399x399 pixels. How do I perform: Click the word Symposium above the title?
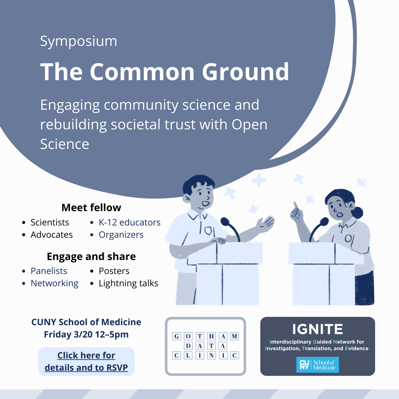(78, 41)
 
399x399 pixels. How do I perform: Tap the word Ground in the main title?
(246, 72)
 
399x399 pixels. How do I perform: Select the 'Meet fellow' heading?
(91, 207)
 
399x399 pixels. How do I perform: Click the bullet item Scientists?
(50, 222)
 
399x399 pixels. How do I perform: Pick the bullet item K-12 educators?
(129, 222)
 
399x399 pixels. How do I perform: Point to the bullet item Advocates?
(52, 235)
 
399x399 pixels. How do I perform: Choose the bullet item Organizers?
(121, 235)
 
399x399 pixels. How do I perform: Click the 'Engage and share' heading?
(91, 256)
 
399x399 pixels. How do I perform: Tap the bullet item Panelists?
(49, 271)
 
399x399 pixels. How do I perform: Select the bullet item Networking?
(55, 283)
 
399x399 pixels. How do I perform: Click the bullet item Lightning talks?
(128, 283)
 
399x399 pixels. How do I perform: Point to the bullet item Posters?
(114, 271)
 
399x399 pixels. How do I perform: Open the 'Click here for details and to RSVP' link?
(86, 361)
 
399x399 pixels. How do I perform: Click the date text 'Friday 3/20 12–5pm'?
(86, 334)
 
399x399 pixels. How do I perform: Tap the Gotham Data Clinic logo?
(205, 346)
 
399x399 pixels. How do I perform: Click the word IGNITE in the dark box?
(318, 329)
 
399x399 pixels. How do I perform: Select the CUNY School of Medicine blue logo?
(318, 365)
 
